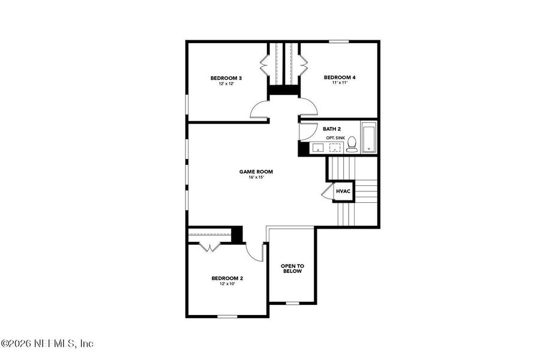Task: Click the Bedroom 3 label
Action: pyautogui.click(x=226, y=78)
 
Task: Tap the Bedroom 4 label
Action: pyautogui.click(x=340, y=77)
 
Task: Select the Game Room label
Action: pyautogui.click(x=252, y=172)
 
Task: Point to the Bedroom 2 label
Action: pyautogui.click(x=227, y=278)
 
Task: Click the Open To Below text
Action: pyautogui.click(x=293, y=268)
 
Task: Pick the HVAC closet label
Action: pyautogui.click(x=343, y=191)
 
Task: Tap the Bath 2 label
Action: pyautogui.click(x=332, y=129)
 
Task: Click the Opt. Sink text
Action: pyautogui.click(x=335, y=138)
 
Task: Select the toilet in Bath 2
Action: pyautogui.click(x=352, y=145)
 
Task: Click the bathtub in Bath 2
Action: pyautogui.click(x=368, y=137)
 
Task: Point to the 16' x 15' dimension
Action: pyautogui.click(x=252, y=178)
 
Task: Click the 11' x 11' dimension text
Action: pyautogui.click(x=340, y=83)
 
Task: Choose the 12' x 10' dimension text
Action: pyautogui.click(x=227, y=284)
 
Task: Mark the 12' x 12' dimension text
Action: pyautogui.click(x=226, y=84)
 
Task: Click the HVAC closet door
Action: pyautogui.click(x=327, y=191)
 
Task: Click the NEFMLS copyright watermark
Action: pyautogui.click(x=47, y=344)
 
